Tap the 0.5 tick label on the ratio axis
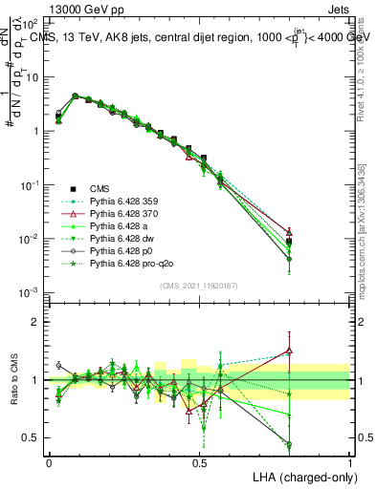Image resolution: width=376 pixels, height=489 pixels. [x=31, y=437]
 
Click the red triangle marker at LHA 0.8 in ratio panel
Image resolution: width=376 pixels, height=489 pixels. [x=289, y=351]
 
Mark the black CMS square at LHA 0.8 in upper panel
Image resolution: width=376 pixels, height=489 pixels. [x=289, y=242]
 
